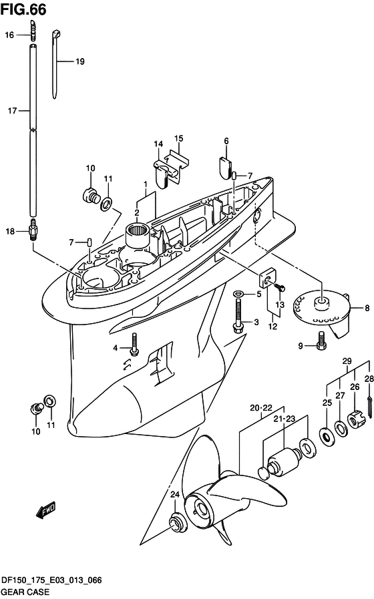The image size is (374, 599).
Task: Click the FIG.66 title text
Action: (x=23, y=10)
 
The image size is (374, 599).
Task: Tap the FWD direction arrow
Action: (x=46, y=510)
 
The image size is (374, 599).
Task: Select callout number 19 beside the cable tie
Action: (x=80, y=61)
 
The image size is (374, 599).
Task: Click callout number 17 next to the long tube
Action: (x=12, y=111)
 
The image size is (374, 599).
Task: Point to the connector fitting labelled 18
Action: (x=33, y=231)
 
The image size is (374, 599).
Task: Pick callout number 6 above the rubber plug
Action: (x=226, y=142)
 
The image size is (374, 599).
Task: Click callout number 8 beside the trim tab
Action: (x=367, y=308)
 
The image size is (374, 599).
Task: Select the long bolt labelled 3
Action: (x=238, y=315)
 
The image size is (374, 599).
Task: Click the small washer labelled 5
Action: (x=238, y=294)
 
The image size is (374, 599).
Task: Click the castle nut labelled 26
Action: (x=356, y=420)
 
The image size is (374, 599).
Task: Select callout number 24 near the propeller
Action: (x=174, y=494)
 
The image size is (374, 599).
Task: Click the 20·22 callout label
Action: (x=261, y=408)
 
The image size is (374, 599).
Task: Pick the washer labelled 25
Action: (x=327, y=437)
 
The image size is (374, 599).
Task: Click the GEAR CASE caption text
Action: (x=25, y=592)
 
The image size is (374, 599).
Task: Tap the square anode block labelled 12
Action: (x=266, y=278)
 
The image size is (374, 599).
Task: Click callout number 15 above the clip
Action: (x=179, y=138)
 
